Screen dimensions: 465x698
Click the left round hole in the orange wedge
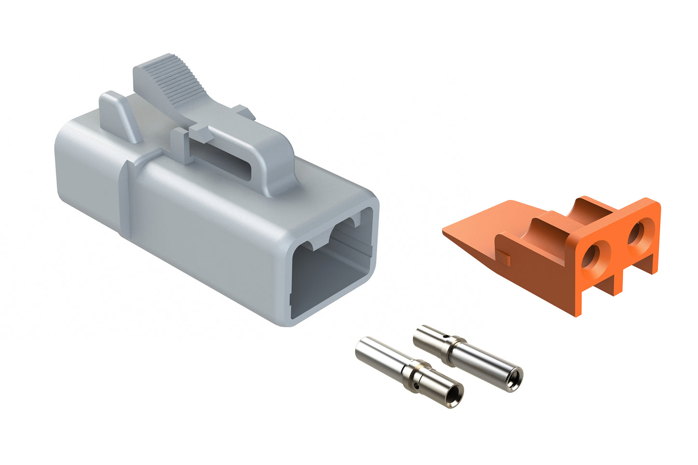(592, 257)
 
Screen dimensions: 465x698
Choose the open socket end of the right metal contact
(514, 375)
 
